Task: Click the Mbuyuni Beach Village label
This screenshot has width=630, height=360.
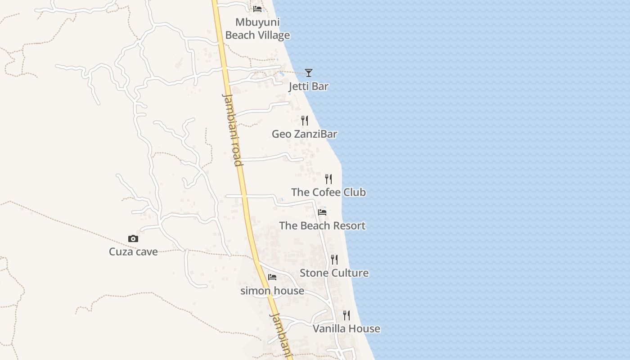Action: tap(257, 29)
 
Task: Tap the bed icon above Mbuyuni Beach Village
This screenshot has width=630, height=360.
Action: tap(257, 9)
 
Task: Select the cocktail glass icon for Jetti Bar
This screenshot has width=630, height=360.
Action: tap(308, 72)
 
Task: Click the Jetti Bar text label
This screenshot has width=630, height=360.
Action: tap(308, 86)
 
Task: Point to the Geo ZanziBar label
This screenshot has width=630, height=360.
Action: tap(304, 134)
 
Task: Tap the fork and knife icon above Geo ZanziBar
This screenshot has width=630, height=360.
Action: tap(305, 120)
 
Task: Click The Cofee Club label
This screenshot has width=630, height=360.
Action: tap(328, 193)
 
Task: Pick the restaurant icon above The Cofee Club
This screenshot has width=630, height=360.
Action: tap(328, 179)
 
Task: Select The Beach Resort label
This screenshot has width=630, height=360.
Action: tap(322, 226)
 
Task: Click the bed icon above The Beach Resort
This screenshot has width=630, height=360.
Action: tap(322, 212)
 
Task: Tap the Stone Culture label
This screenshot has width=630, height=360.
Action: tap(334, 273)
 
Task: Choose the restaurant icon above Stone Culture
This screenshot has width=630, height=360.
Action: tap(334, 260)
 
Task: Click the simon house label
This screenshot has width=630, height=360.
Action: tap(272, 291)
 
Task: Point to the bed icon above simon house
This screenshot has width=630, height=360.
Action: tap(272, 277)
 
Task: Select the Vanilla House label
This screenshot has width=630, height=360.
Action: tap(346, 329)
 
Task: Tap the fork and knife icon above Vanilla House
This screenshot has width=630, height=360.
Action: tap(346, 315)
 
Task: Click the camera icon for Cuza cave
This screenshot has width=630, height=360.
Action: tap(133, 238)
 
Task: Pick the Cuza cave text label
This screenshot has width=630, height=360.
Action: tap(133, 252)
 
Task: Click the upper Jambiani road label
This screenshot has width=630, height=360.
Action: tap(233, 130)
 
